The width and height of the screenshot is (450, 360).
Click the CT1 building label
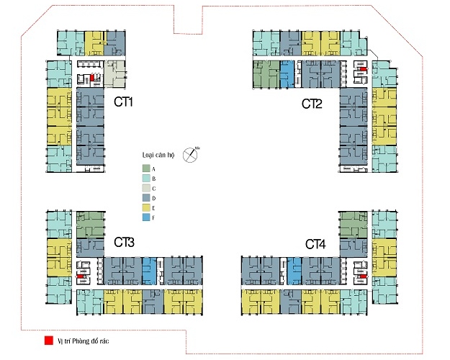coord(124,102)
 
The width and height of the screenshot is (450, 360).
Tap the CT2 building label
coord(312,104)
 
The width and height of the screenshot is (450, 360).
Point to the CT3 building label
coord(124,243)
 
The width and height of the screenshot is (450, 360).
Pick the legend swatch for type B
coord(145,178)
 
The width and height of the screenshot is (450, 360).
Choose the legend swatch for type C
coord(145,187)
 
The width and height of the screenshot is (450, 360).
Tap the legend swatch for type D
coord(145,197)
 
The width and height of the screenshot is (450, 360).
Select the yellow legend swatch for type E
coord(145,207)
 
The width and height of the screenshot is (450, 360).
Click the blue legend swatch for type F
coord(145,217)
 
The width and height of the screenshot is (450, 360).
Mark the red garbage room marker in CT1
coord(91,79)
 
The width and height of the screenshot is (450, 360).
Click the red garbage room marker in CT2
coord(364,70)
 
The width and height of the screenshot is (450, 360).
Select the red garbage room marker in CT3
coord(84,274)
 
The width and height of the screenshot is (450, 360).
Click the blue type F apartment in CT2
coord(286,74)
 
